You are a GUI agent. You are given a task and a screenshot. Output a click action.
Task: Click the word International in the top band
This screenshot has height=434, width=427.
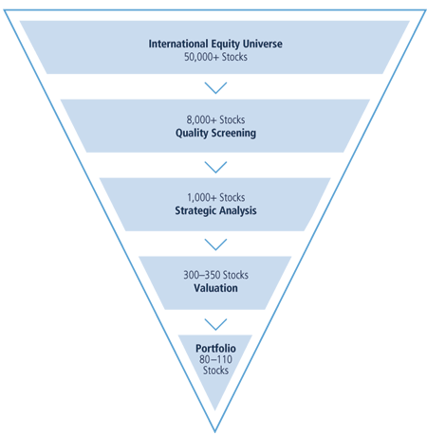178,44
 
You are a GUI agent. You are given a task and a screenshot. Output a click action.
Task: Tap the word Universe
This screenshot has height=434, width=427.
263,44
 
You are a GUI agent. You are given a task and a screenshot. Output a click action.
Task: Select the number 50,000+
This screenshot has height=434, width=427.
201,57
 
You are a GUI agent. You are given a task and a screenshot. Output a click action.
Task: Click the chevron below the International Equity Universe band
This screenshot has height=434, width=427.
215,88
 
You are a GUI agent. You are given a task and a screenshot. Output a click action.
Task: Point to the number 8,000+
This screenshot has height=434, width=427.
201,120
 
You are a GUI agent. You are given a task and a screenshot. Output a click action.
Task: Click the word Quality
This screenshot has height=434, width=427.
190,133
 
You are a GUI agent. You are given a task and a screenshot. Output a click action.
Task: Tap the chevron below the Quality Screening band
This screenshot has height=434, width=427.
215,167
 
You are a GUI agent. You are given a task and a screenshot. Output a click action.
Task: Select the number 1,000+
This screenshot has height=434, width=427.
202,198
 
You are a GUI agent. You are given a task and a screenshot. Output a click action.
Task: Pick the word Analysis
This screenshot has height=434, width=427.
238,210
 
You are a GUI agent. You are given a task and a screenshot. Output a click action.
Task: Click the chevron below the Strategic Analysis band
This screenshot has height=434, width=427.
215,244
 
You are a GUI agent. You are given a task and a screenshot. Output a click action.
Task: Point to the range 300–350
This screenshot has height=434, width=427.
199,275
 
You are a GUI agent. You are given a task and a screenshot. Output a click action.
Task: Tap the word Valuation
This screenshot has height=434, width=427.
215,288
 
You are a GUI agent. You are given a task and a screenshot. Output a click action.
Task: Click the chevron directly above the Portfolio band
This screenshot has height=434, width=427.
215,324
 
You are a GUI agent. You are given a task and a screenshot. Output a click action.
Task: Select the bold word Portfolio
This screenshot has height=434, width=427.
215,349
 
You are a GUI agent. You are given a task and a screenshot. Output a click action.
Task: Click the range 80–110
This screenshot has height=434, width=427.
215,359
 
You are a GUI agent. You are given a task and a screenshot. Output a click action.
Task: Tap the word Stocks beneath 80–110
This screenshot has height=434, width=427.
215,371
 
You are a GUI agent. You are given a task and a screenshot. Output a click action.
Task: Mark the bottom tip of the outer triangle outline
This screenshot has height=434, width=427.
215,431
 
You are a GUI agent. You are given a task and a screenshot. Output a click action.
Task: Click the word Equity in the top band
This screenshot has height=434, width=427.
226,44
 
